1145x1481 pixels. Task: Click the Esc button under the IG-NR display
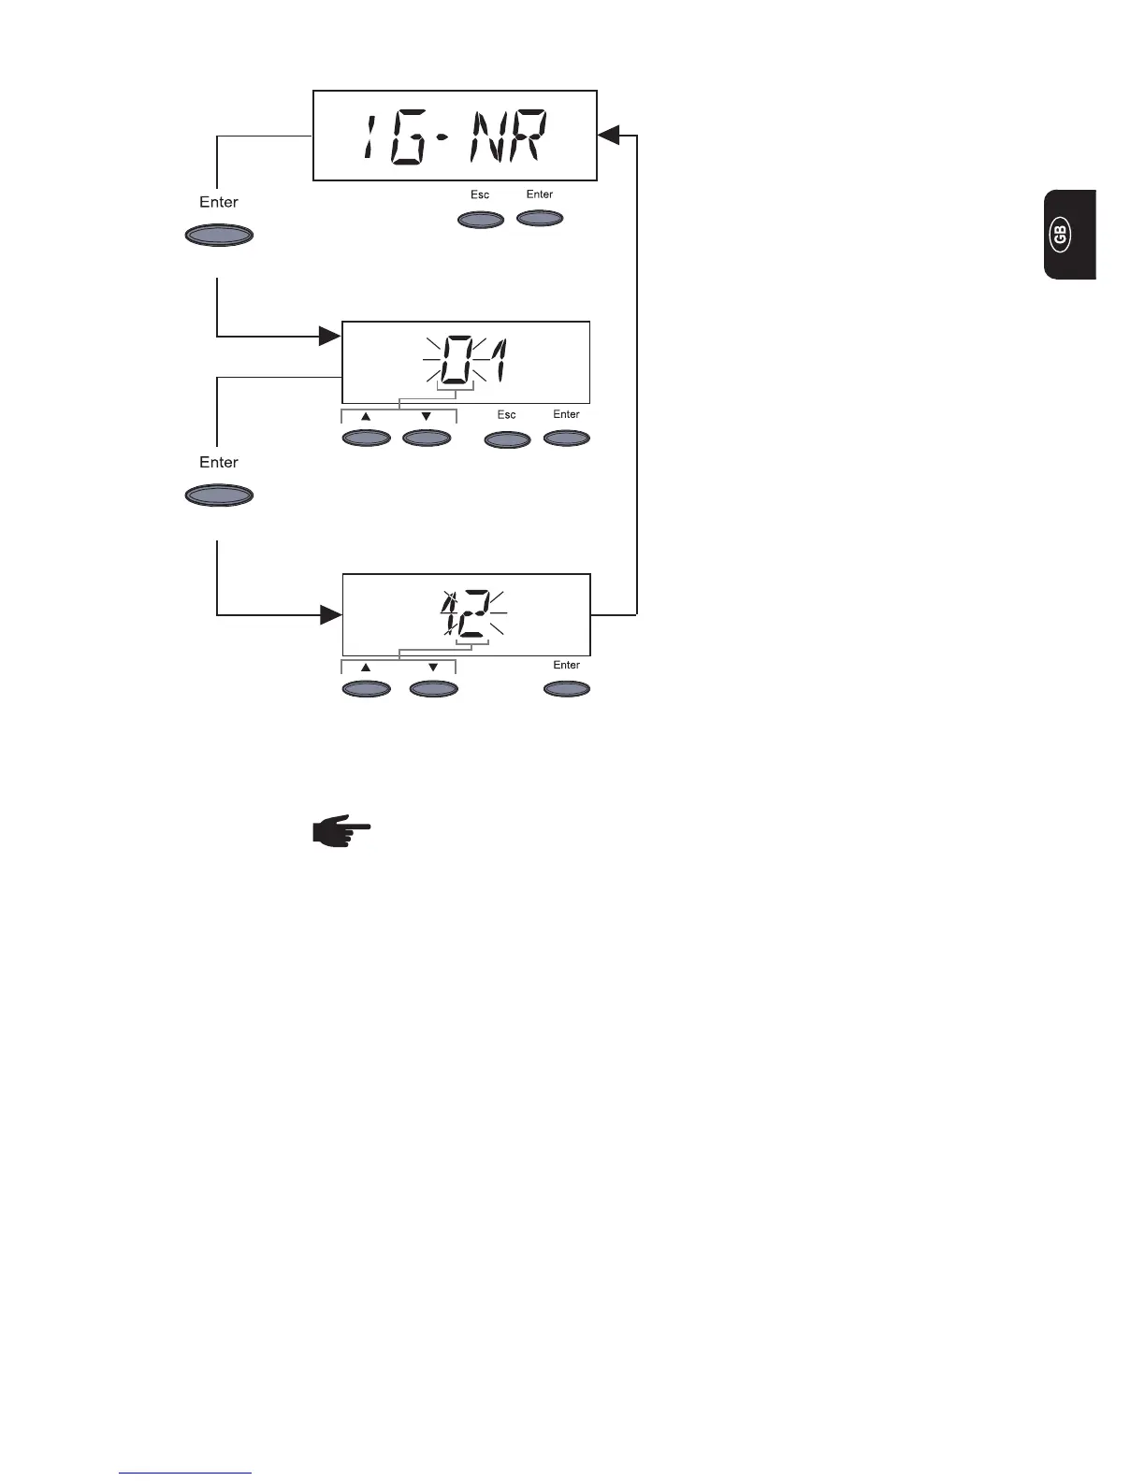pyautogui.click(x=480, y=220)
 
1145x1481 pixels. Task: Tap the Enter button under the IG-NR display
pyautogui.click(x=540, y=219)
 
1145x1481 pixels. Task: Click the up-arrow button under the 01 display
pyautogui.click(x=367, y=438)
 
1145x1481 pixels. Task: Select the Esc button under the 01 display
pyautogui.click(x=507, y=439)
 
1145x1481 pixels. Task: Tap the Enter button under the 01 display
pyautogui.click(x=567, y=438)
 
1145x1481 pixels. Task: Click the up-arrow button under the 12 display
pyautogui.click(x=367, y=689)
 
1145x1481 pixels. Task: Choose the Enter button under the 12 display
pyautogui.click(x=567, y=689)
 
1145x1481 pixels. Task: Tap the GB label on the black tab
pyautogui.click(x=1060, y=235)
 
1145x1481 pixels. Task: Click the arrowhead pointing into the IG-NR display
pyautogui.click(x=608, y=136)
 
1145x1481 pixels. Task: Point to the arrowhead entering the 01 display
pyautogui.click(x=329, y=336)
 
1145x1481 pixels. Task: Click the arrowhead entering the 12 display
pyautogui.click(x=329, y=614)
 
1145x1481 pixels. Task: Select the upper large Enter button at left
pyautogui.click(x=219, y=235)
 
